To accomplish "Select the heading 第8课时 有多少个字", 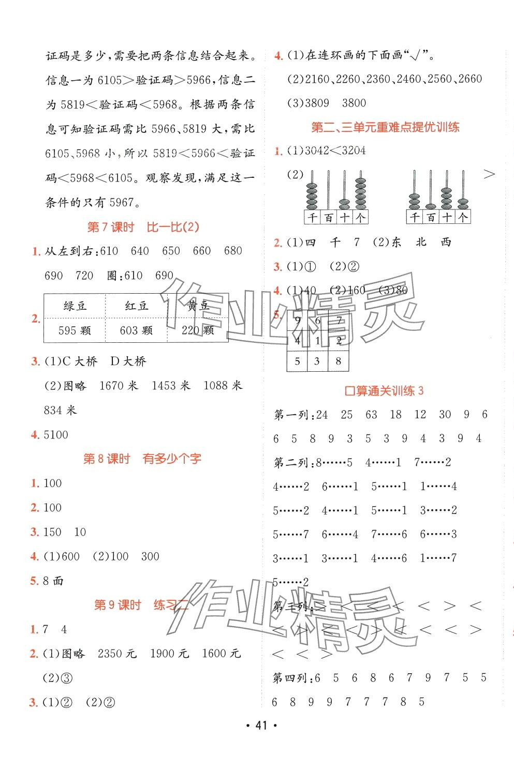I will pyautogui.click(x=142, y=459).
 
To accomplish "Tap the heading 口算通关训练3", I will pyautogui.click(x=384, y=391).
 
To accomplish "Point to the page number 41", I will pyautogui.click(x=261, y=740).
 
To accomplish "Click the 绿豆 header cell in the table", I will pyautogui.click(x=75, y=306).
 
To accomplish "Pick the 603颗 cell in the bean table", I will pyautogui.click(x=136, y=330).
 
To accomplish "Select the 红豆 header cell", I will pyautogui.click(x=137, y=306).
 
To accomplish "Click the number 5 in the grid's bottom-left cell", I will pyautogui.click(x=297, y=361).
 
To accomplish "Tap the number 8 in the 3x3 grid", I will pyautogui.click(x=338, y=361).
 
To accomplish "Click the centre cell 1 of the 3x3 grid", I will pyautogui.click(x=317, y=341).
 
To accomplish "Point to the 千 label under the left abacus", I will pyautogui.click(x=312, y=218).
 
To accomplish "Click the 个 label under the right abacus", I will pyautogui.click(x=463, y=218).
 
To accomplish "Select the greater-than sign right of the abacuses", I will pyautogui.click(x=489, y=175).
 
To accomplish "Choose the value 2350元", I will pyautogui.click(x=117, y=654).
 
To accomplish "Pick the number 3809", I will pyautogui.click(x=317, y=103).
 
